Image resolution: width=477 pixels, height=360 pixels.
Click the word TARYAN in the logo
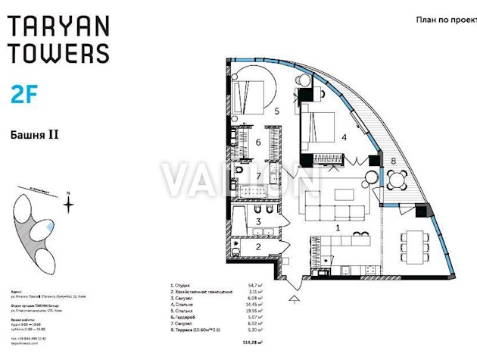tap(59, 27)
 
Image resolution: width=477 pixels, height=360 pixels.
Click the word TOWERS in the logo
tap(59, 53)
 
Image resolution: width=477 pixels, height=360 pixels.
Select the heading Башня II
tap(35, 135)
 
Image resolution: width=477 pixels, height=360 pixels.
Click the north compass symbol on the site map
tap(68, 202)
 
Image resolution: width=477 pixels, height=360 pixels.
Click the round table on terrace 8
tap(397, 180)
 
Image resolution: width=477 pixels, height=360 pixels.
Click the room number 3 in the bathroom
tap(257, 221)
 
